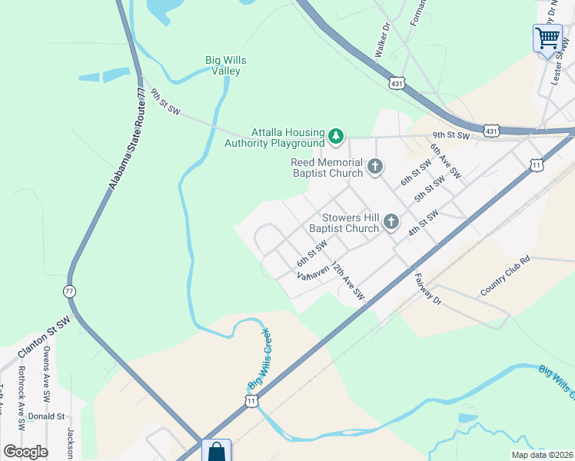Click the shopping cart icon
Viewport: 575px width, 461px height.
[547, 37]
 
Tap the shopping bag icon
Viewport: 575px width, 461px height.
[216, 450]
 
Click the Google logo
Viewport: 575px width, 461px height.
[25, 451]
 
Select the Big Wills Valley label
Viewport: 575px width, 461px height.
[223, 65]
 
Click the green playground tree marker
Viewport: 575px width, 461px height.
[335, 137]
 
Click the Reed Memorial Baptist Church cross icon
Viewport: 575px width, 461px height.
[374, 166]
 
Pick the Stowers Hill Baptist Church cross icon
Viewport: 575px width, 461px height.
[391, 222]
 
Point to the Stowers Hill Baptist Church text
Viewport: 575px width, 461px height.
[344, 223]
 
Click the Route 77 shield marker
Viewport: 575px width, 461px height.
[69, 291]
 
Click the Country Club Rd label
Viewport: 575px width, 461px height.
[505, 277]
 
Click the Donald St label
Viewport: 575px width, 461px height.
[46, 416]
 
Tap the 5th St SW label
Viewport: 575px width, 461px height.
[430, 189]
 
